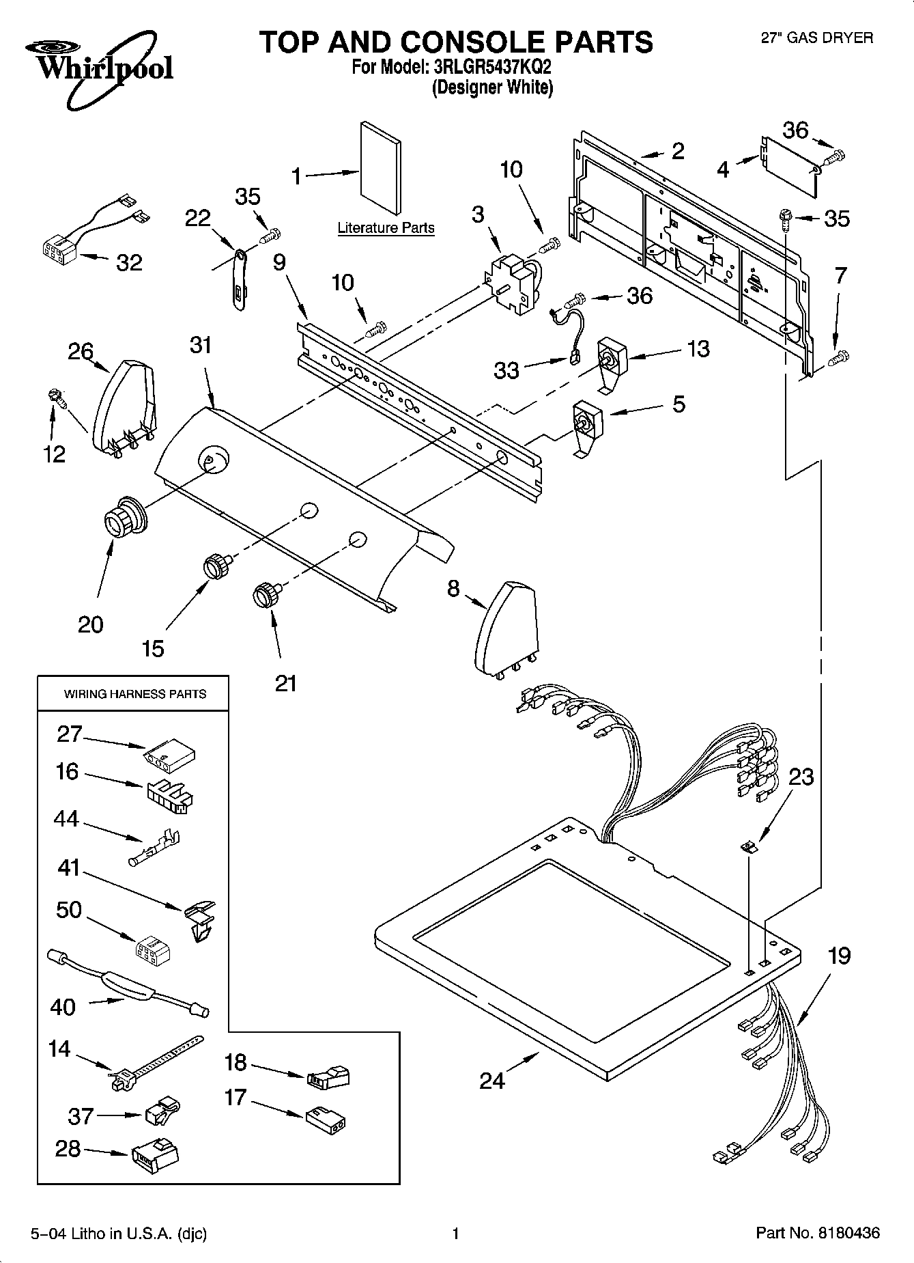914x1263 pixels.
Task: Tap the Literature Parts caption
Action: pos(386,228)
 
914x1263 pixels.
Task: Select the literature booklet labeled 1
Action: pos(381,168)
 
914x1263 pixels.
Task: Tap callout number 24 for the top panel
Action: pos(492,1080)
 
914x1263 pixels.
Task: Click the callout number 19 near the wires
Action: pos(839,956)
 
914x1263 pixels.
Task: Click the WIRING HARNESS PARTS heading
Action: pos(134,694)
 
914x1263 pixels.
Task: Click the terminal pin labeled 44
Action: pos(155,846)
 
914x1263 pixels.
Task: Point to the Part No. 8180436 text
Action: pos(818,1233)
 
